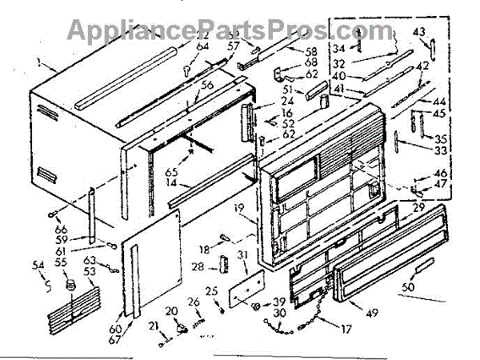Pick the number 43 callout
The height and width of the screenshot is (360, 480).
(418, 31)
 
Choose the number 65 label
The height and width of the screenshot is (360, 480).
(169, 171)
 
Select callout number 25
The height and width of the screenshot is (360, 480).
(210, 290)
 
